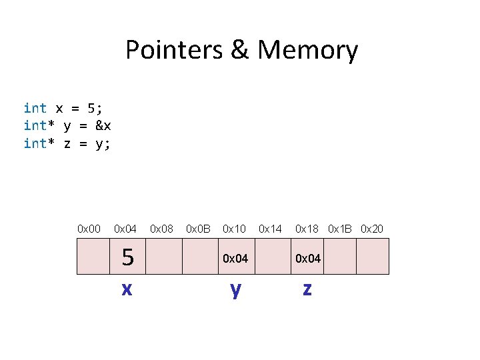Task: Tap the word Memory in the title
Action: pos(308,51)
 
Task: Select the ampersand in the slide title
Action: pos(239,51)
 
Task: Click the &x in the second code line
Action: pos(103,126)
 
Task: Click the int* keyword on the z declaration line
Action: pos(38,143)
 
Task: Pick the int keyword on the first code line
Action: pos(35,108)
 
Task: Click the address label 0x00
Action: pos(89,229)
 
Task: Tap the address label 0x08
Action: pos(161,229)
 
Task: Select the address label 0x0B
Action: pos(198,229)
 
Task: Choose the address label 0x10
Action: pos(234,229)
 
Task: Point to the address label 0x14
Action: pos(270,229)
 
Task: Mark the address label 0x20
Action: pos(372,229)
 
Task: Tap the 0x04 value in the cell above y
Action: pos(235,258)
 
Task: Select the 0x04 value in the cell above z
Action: pos(307,258)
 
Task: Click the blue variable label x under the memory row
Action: pos(126,289)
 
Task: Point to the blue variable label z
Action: pos(307,289)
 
